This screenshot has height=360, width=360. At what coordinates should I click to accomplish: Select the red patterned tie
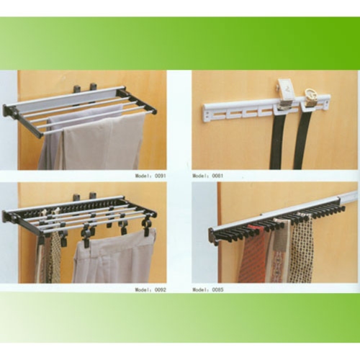coord(253,259)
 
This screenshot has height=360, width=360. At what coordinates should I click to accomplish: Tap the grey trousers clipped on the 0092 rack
coord(115,259)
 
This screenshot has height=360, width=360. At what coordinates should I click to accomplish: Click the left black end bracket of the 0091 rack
coord(11,111)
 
